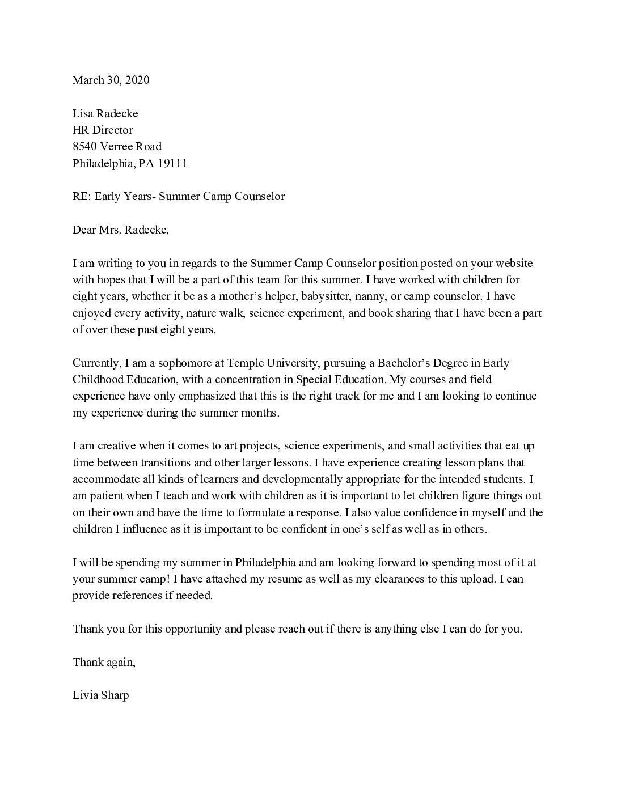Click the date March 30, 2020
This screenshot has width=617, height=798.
[x=111, y=80]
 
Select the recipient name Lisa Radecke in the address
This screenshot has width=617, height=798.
[x=105, y=113]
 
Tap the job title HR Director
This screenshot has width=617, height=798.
[x=102, y=130]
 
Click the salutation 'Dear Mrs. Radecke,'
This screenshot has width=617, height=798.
[x=120, y=230]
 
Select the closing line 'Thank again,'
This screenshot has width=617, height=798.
[x=104, y=662]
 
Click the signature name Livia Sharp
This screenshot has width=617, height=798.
[x=100, y=695]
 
